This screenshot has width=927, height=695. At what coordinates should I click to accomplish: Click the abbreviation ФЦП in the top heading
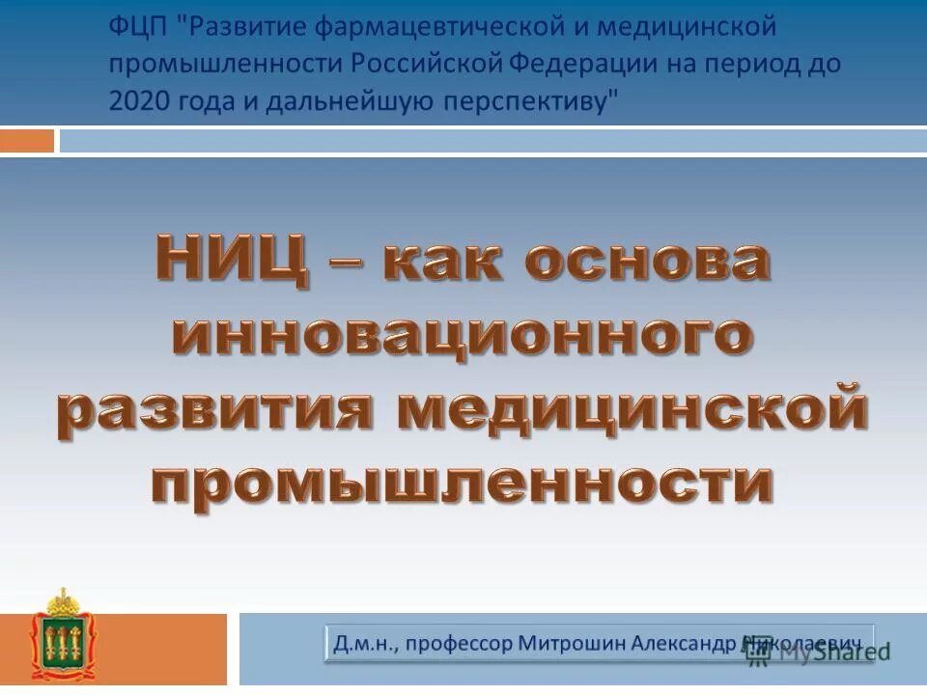tap(139, 27)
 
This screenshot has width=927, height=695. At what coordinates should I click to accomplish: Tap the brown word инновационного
tap(463, 335)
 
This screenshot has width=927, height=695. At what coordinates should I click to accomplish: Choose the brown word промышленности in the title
tap(462, 483)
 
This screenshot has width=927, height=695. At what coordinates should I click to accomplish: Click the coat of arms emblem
tap(66, 637)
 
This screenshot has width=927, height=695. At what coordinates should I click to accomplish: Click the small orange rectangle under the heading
tap(27, 141)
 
